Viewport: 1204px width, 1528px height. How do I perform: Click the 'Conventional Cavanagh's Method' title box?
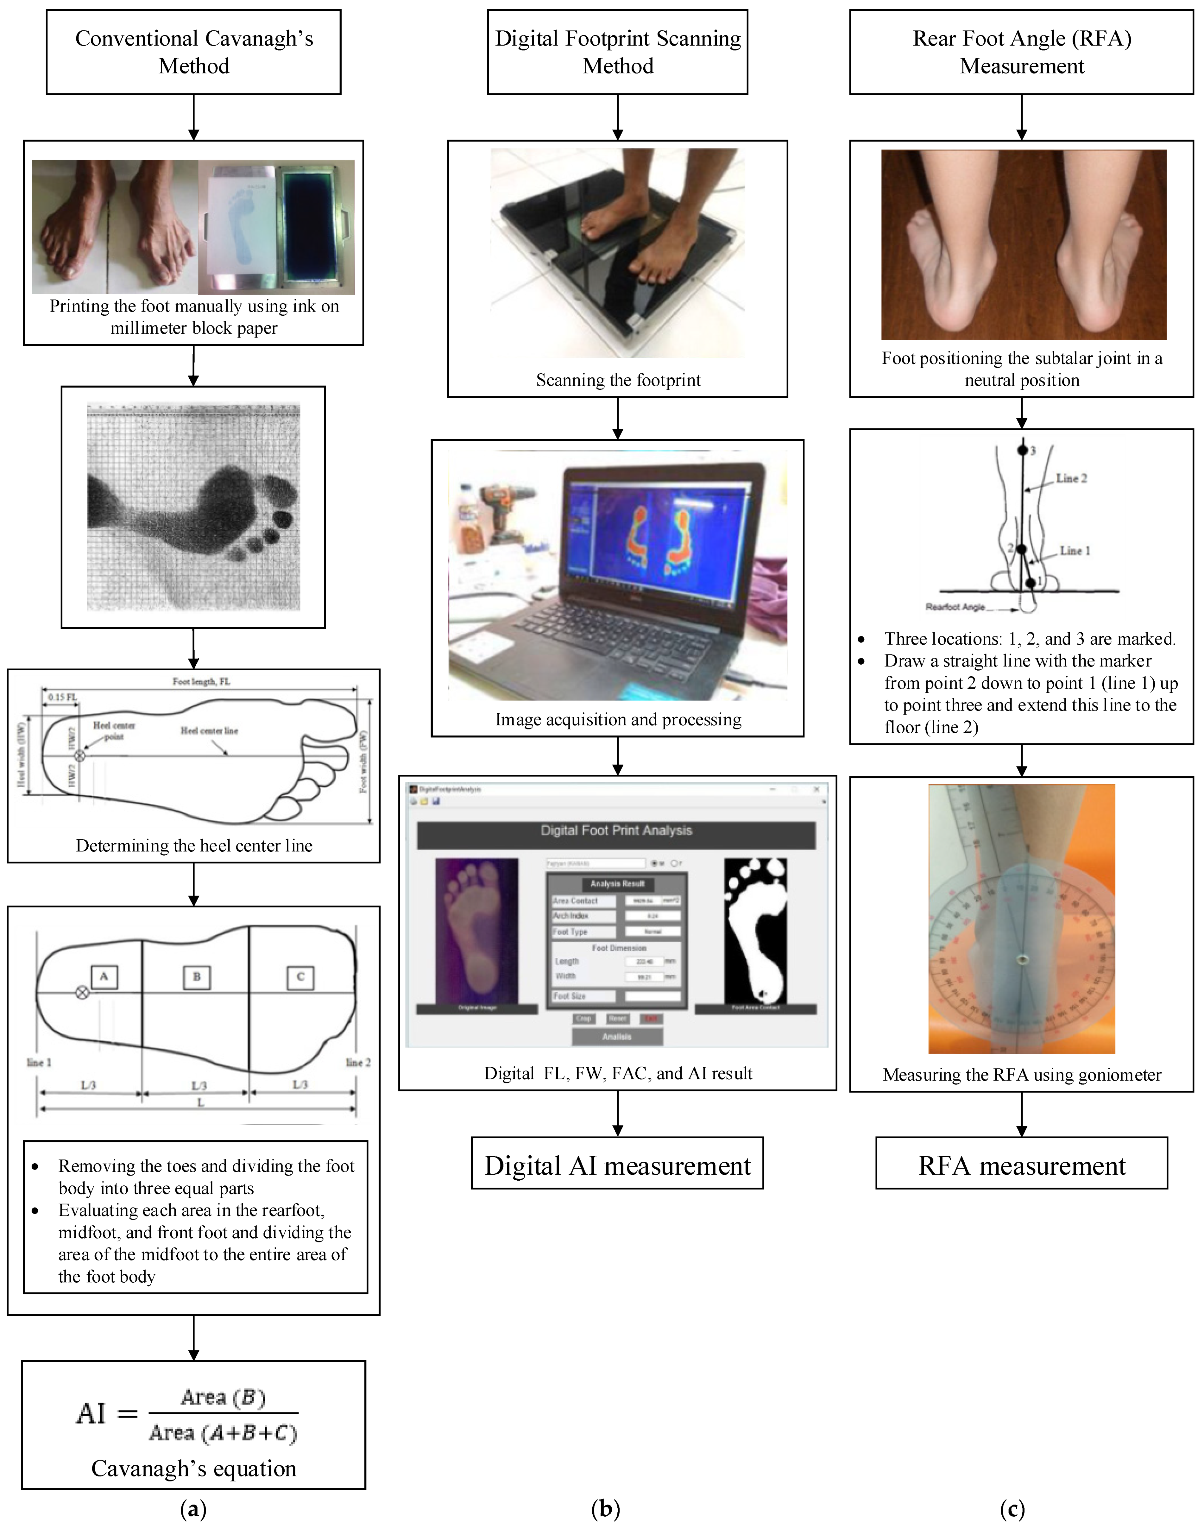(194, 52)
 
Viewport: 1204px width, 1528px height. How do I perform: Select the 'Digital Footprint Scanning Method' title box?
(617, 52)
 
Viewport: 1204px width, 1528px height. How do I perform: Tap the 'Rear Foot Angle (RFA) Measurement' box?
(1021, 52)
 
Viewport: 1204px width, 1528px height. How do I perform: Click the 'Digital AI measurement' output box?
(617, 1166)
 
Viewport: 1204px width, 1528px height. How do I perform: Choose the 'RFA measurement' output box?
(1021, 1166)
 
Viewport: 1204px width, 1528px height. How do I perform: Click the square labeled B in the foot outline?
(197, 977)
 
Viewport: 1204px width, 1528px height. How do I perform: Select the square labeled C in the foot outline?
(300, 977)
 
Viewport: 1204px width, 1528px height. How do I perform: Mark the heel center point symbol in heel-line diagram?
(80, 755)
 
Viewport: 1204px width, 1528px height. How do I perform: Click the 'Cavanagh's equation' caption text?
(194, 1468)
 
